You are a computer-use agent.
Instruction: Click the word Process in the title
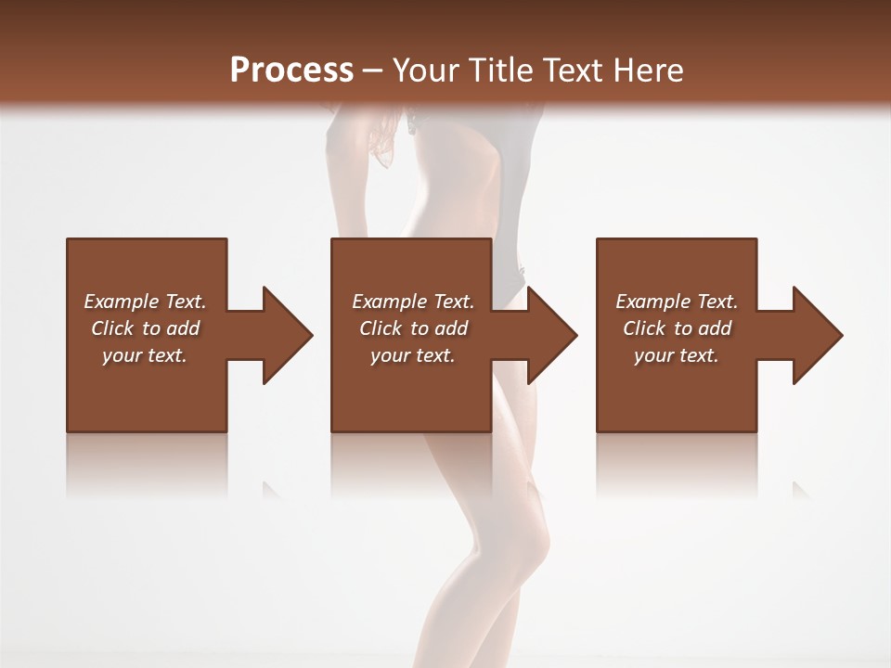pos(291,71)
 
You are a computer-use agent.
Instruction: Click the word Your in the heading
pos(426,71)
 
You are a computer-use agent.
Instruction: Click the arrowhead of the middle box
pos(550,335)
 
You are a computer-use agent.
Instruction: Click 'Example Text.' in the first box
pos(145,302)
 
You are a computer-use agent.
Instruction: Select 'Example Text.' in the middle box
pos(413,302)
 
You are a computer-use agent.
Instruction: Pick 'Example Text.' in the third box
pos(677,302)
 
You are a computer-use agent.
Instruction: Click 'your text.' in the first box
pos(145,355)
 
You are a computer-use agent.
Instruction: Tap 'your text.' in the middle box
pos(413,355)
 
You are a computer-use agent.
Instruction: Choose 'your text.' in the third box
pos(677,355)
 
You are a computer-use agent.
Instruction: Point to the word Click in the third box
pos(645,328)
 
